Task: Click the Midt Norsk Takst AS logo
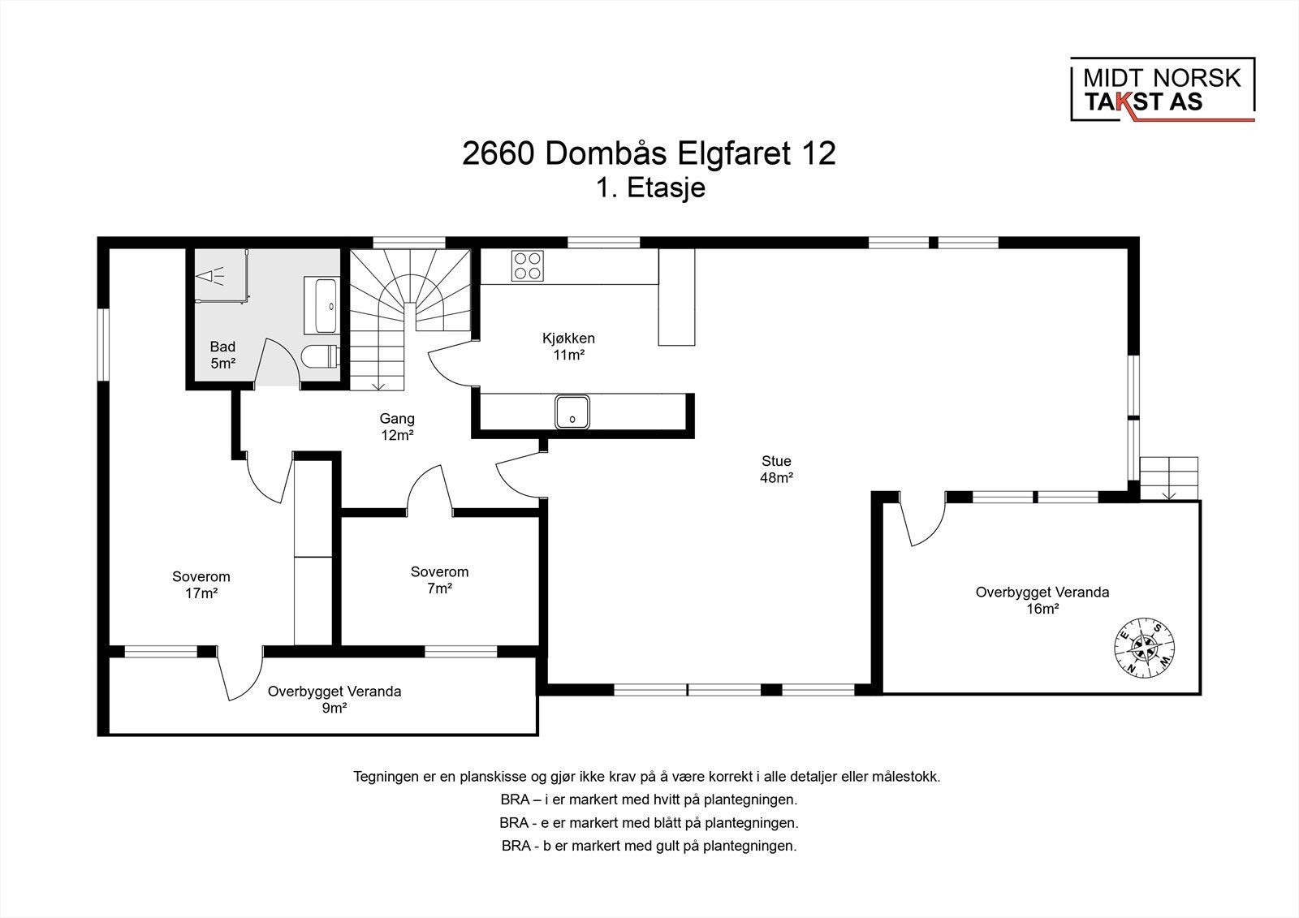1162,89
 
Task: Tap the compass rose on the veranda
1144,647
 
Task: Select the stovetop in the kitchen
527,266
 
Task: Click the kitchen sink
572,412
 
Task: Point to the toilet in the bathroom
320,356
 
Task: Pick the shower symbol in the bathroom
210,277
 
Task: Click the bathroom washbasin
322,306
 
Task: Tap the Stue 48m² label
776,469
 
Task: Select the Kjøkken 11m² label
568,347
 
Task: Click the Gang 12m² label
397,426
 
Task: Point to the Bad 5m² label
222,355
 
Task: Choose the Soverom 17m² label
201,584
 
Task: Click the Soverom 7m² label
439,580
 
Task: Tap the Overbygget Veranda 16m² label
1042,600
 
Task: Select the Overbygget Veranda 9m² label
334,700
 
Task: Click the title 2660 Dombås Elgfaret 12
649,153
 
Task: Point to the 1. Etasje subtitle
650,187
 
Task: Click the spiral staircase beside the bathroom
410,319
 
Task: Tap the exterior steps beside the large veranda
1168,478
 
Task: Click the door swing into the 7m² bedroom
429,490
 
